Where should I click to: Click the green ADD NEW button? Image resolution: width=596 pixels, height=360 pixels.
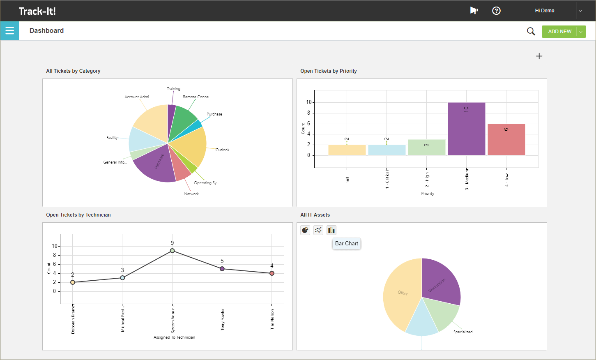point(559,32)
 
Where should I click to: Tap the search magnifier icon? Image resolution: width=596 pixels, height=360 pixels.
point(531,31)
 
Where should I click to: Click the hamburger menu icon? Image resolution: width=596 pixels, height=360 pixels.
point(9,31)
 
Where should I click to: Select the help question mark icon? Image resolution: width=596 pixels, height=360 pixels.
point(496,11)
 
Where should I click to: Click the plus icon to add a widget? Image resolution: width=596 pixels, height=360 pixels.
point(539,56)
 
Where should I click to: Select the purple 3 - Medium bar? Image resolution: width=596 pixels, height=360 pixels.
point(466,129)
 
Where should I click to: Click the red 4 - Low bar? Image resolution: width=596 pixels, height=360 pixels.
point(506,139)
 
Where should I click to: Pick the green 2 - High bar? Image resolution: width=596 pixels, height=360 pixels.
point(426,147)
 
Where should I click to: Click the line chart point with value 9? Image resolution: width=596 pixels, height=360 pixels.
point(172,251)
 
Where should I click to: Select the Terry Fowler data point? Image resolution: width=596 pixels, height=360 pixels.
point(222,269)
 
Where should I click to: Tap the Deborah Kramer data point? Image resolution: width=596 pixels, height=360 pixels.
point(73,282)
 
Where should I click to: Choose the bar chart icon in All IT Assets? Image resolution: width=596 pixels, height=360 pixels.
point(331,230)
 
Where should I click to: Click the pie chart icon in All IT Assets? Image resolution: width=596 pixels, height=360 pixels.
point(305,230)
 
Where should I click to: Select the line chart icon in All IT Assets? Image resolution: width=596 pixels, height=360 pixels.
point(318,230)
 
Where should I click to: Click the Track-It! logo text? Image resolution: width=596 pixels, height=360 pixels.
point(37,11)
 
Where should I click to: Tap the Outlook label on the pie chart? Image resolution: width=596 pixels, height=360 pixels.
point(223,150)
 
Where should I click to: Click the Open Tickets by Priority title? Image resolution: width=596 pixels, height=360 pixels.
point(328,71)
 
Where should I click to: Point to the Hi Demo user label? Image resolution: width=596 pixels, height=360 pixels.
point(544,11)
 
